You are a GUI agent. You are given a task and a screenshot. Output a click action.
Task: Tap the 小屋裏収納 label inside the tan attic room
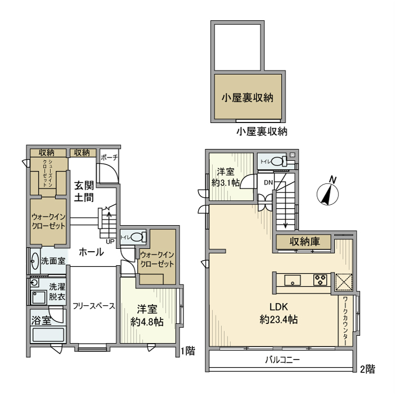pyautogui.click(x=247, y=97)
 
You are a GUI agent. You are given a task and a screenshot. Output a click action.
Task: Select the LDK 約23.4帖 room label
pyautogui.click(x=279, y=313)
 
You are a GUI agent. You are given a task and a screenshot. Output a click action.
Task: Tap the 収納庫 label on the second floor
pyautogui.click(x=305, y=242)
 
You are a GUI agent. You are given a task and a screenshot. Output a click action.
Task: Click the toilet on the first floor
pyautogui.click(x=137, y=237)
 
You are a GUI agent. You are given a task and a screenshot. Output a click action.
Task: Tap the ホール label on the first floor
pyautogui.click(x=91, y=252)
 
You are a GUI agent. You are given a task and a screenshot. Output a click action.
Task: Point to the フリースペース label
pyautogui.click(x=94, y=306)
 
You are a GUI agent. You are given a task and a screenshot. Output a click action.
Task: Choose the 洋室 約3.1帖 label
pyautogui.click(x=226, y=177)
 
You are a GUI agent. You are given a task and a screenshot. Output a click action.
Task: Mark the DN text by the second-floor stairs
pyautogui.click(x=268, y=182)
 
